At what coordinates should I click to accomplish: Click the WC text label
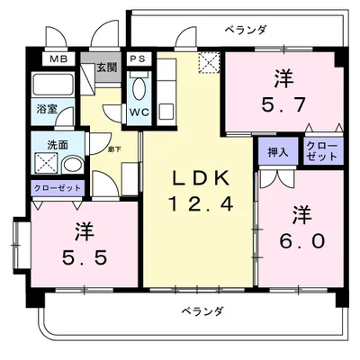click(139, 112)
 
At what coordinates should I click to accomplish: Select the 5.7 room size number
click(284, 103)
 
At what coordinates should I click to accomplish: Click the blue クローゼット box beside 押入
click(322, 150)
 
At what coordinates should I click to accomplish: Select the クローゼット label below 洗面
click(57, 188)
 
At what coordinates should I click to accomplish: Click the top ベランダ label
click(248, 30)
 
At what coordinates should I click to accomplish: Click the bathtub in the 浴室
click(56, 89)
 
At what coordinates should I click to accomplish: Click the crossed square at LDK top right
click(210, 61)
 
